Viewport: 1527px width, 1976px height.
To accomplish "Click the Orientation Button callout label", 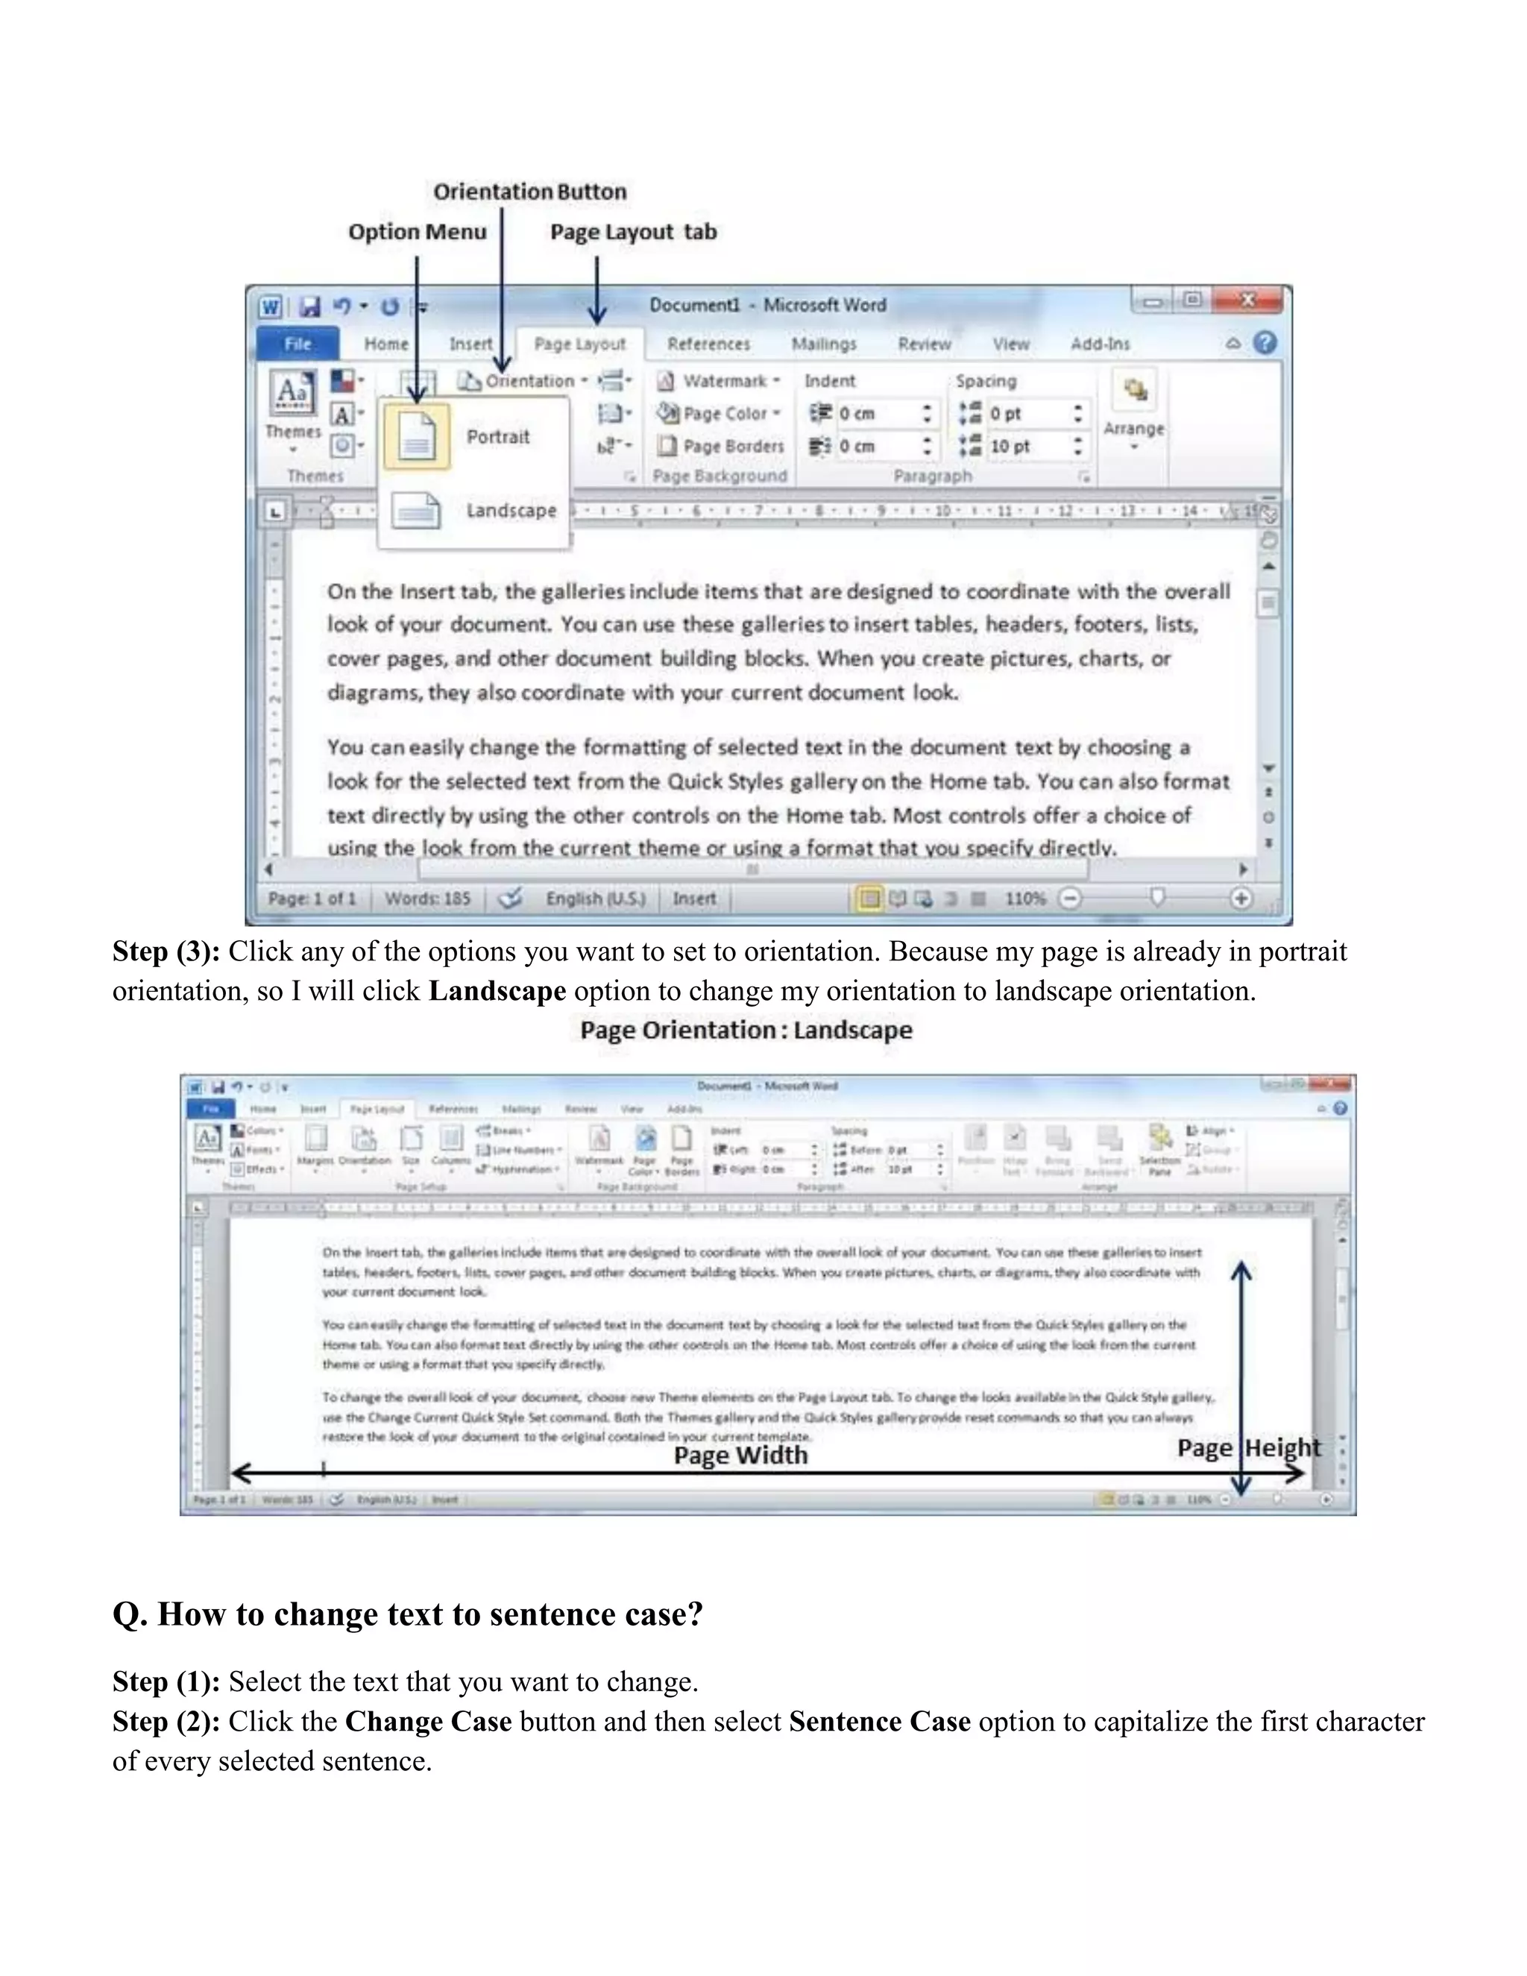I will click(x=529, y=192).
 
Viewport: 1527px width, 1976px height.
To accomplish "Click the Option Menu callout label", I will click(x=417, y=232).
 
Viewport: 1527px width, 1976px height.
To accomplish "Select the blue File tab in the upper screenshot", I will click(x=297, y=344).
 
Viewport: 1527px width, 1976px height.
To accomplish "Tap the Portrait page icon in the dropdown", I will click(x=417, y=437).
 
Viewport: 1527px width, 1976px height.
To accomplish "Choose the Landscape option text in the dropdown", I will click(x=511, y=510).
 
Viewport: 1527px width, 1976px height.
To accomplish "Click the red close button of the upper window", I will click(x=1247, y=301).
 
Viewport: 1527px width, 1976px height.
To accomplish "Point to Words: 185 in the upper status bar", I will click(x=428, y=899).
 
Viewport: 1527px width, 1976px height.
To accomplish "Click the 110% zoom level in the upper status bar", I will click(x=1025, y=899).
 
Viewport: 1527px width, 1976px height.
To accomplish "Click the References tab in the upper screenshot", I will click(x=708, y=344).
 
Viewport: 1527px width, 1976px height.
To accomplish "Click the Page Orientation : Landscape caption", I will click(x=746, y=1030).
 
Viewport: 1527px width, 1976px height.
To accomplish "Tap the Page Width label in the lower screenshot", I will click(x=740, y=1455).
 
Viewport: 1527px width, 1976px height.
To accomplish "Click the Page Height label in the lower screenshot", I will click(x=1248, y=1447).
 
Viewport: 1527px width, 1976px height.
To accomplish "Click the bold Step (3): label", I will click(x=166, y=951).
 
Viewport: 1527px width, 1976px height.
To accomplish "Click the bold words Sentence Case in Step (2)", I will click(x=879, y=1721).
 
